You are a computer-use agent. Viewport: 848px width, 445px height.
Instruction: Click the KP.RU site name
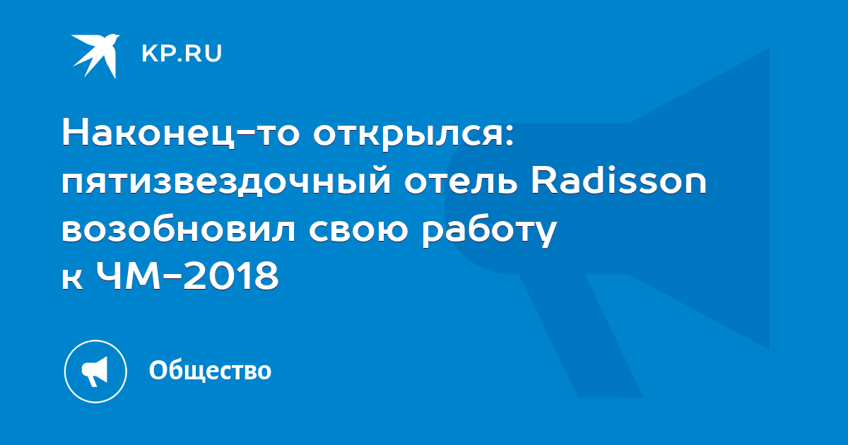click(182, 54)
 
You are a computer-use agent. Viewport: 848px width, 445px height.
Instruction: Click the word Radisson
click(618, 179)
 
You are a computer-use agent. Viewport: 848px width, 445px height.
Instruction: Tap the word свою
click(358, 230)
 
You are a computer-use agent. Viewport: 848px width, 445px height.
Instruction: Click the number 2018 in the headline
click(231, 275)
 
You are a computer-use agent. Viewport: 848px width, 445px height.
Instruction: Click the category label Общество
click(210, 370)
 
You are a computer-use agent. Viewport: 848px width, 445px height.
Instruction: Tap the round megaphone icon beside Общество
click(95, 372)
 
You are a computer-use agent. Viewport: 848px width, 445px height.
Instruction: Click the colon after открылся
click(510, 136)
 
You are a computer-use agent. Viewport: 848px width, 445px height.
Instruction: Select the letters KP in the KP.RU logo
click(158, 54)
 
